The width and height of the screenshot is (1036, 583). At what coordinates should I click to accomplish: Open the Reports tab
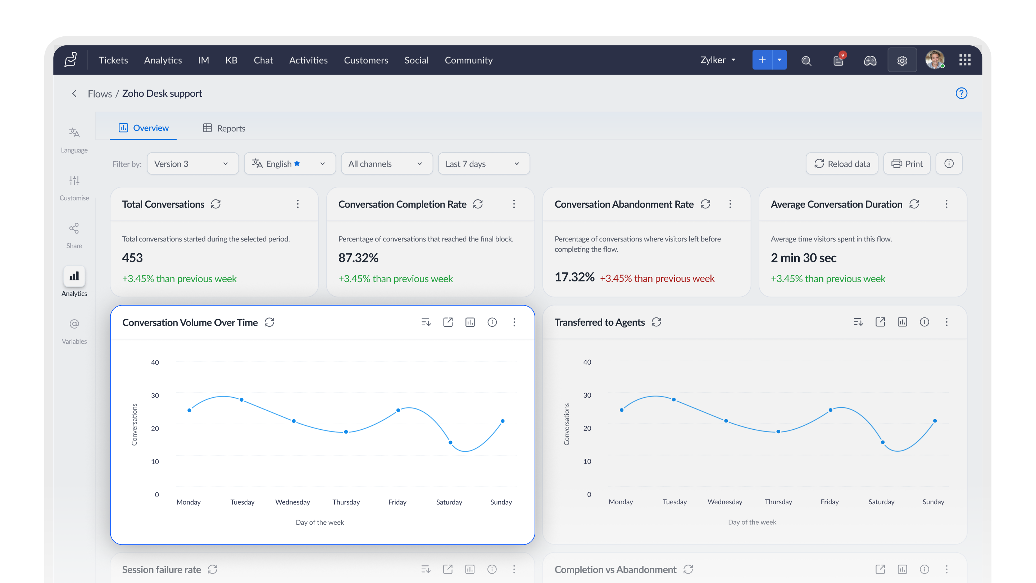click(x=224, y=128)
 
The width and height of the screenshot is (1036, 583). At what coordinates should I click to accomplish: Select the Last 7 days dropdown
click(x=484, y=164)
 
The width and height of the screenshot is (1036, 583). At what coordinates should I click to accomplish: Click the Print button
click(x=906, y=164)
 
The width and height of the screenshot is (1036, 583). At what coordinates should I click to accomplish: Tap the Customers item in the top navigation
click(x=366, y=60)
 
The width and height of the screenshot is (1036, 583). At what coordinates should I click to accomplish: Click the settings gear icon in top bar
click(x=902, y=60)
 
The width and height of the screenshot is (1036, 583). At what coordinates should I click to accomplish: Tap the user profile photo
click(x=935, y=60)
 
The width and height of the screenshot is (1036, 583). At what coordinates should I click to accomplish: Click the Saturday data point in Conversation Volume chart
click(x=450, y=443)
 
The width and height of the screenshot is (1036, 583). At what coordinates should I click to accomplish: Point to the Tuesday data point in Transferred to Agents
click(x=674, y=399)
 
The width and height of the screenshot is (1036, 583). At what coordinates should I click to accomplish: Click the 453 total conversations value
click(x=132, y=258)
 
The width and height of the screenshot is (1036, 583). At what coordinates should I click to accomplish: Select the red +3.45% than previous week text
click(x=657, y=279)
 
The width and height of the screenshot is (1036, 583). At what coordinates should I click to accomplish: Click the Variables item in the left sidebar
click(x=74, y=331)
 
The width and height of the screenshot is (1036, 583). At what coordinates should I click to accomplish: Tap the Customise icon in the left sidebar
click(x=74, y=180)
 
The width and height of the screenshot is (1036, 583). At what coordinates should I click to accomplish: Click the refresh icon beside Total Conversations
click(x=216, y=204)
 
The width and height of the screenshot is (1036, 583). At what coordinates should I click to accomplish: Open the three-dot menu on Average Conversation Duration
click(x=946, y=204)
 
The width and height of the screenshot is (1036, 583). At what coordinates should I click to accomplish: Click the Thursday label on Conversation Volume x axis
click(x=346, y=502)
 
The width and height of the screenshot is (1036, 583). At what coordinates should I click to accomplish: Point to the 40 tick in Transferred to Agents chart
click(x=587, y=362)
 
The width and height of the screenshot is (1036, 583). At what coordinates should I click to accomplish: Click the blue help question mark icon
click(x=961, y=93)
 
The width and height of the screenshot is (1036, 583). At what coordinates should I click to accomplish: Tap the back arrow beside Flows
click(x=74, y=93)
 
